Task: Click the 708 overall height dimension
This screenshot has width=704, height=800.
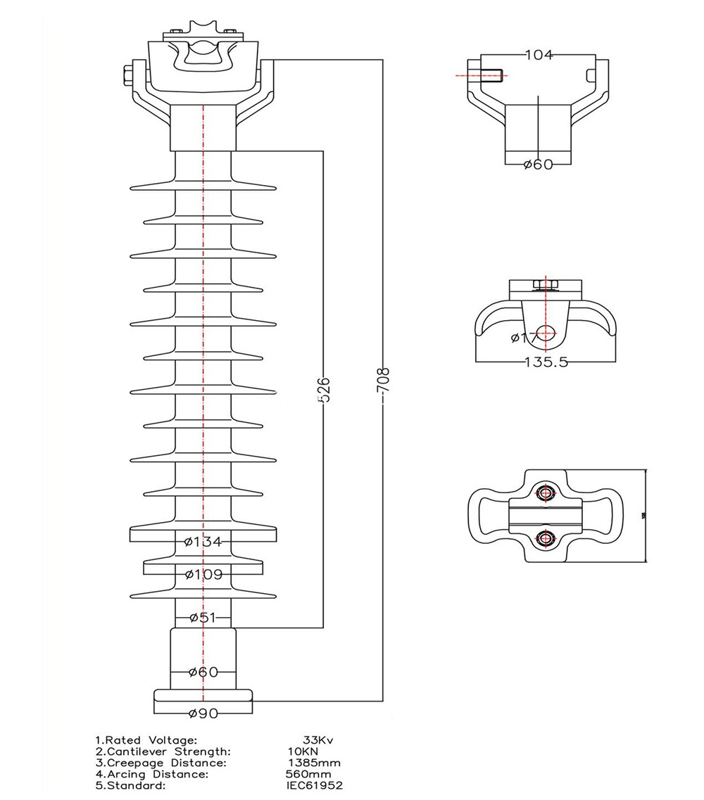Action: tap(384, 382)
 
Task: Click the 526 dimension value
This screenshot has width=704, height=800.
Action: tap(323, 389)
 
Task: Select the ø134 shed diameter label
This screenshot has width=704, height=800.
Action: tap(203, 541)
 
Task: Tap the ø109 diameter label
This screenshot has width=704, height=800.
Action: tap(203, 574)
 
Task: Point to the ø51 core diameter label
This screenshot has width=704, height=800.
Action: tap(203, 618)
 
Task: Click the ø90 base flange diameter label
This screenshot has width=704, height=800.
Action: tap(203, 713)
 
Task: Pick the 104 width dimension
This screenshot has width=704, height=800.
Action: tap(539, 55)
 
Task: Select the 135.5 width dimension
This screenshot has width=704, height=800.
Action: tap(546, 362)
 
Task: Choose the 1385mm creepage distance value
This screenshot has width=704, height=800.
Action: tap(315, 763)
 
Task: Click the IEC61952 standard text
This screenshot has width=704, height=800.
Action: tap(315, 785)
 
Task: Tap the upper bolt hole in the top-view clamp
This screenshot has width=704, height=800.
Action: tap(545, 493)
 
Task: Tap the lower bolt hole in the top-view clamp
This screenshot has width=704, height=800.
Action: tap(545, 539)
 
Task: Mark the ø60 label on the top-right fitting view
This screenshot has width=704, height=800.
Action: tap(539, 165)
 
